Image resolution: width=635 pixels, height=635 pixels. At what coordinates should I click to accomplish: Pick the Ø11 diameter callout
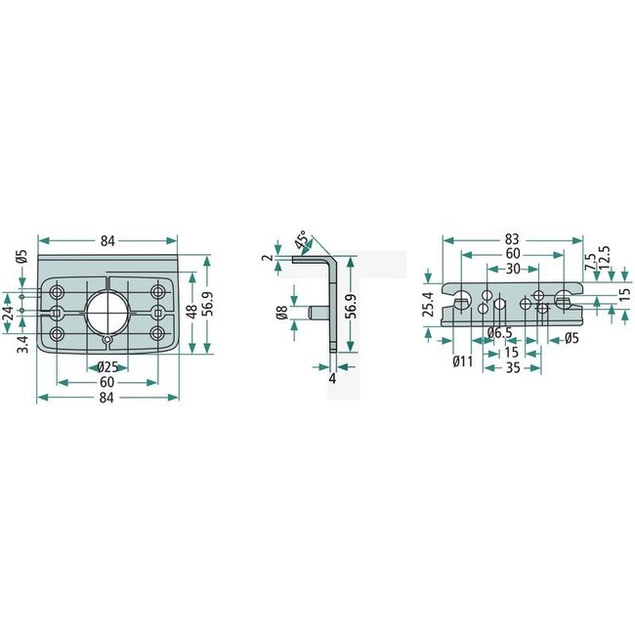tap(462, 361)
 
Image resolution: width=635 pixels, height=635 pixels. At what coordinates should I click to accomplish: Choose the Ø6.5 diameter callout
tap(500, 333)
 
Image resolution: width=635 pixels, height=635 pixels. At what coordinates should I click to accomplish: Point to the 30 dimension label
tap(512, 269)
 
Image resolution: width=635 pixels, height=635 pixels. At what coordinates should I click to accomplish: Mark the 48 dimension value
tap(191, 310)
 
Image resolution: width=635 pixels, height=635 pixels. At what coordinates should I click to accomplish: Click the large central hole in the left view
tap(106, 313)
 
